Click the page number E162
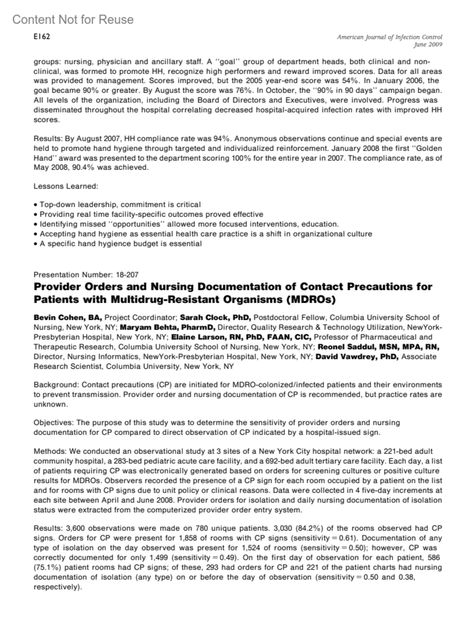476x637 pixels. click(x=42, y=37)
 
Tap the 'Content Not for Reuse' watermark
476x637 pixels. click(x=73, y=19)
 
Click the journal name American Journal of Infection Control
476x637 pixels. click(x=390, y=37)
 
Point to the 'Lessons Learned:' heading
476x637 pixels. click(x=66, y=186)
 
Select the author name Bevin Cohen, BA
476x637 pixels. click(x=68, y=318)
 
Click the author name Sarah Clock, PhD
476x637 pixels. click(x=215, y=318)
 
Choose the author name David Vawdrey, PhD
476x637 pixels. click(x=357, y=356)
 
